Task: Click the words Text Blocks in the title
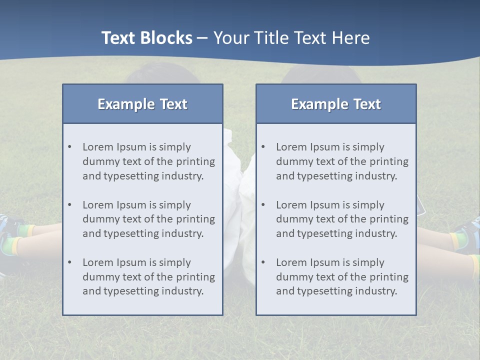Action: (146, 38)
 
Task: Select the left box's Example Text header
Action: (142, 104)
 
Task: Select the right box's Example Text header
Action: (336, 104)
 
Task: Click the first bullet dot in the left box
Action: (69, 147)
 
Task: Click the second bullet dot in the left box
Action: (69, 205)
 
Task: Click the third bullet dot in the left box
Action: (69, 262)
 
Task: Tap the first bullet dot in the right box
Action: (263, 147)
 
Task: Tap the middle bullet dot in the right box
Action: (263, 205)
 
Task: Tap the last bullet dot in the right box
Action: (263, 262)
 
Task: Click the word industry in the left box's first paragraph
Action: (183, 176)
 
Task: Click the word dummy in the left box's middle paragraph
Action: (99, 219)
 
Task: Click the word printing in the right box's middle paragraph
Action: (388, 219)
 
